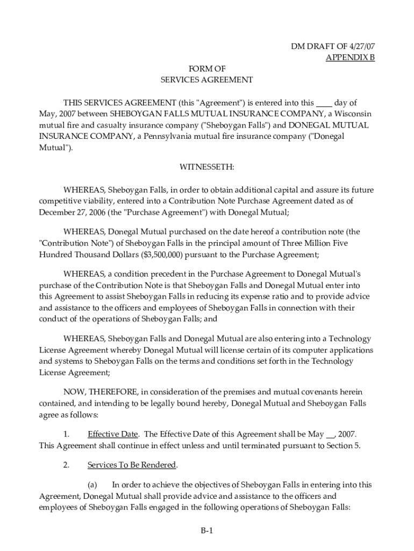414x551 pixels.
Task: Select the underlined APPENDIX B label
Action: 350,58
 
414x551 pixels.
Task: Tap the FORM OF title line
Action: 206,69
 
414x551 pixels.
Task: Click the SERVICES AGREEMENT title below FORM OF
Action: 206,80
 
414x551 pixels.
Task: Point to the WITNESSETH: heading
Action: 206,167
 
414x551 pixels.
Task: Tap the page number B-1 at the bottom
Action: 207,531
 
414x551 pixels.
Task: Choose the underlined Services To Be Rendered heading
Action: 132,465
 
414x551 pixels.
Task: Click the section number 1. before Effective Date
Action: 66,434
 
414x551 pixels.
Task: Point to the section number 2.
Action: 66,465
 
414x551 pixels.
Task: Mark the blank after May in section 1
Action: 330,434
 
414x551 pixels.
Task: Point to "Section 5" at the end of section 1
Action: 344,445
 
